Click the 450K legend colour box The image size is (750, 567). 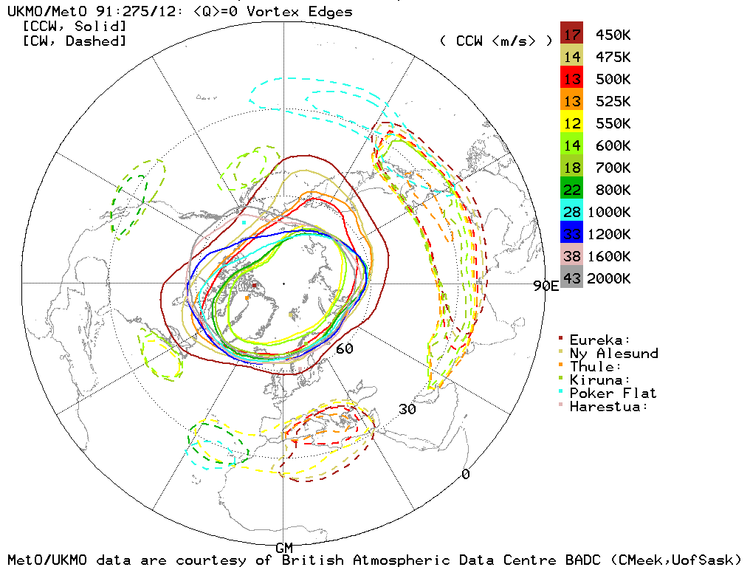[571, 35]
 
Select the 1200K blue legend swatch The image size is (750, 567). [571, 234]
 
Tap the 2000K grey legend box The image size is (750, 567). [571, 278]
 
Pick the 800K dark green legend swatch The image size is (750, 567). [571, 190]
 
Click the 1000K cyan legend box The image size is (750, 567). [571, 212]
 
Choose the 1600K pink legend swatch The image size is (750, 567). [571, 256]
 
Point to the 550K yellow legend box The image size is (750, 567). [571, 123]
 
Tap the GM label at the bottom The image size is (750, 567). [284, 547]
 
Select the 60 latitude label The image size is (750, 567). [344, 348]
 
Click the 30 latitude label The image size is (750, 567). [407, 409]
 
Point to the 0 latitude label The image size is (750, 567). [465, 474]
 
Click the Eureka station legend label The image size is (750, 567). [600, 340]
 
